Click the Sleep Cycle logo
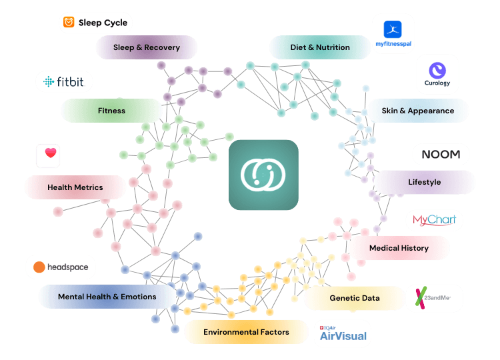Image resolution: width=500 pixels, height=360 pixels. pyautogui.click(x=95, y=23)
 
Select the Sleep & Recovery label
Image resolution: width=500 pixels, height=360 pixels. pyautogui.click(x=147, y=48)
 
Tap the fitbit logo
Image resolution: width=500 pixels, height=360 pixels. pyautogui.click(x=64, y=82)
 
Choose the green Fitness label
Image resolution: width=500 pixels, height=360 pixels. pyautogui.click(x=111, y=111)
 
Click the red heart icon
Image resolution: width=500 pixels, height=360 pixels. pyautogui.click(x=51, y=153)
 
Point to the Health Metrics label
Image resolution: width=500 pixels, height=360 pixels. pyautogui.click(x=75, y=187)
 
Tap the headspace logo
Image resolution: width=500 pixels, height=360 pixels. pyautogui.click(x=61, y=267)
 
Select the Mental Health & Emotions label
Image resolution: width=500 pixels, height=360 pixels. pyautogui.click(x=107, y=297)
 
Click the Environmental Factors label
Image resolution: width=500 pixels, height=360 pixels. pyautogui.click(x=246, y=332)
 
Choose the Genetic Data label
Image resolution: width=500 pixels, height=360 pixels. pyautogui.click(x=354, y=298)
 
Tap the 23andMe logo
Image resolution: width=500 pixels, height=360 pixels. pyautogui.click(x=434, y=298)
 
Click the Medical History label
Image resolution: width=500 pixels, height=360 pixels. pyautogui.click(x=399, y=248)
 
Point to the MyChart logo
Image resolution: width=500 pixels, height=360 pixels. pyautogui.click(x=434, y=220)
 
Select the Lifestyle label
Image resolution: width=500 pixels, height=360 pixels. pyautogui.click(x=424, y=182)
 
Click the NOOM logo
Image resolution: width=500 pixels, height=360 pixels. pyautogui.click(x=441, y=154)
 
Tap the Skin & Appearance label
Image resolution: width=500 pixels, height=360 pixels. pyautogui.click(x=417, y=111)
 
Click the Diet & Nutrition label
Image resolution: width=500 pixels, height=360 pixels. pyautogui.click(x=320, y=48)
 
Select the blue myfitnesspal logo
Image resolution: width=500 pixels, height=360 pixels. pyautogui.click(x=393, y=34)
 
